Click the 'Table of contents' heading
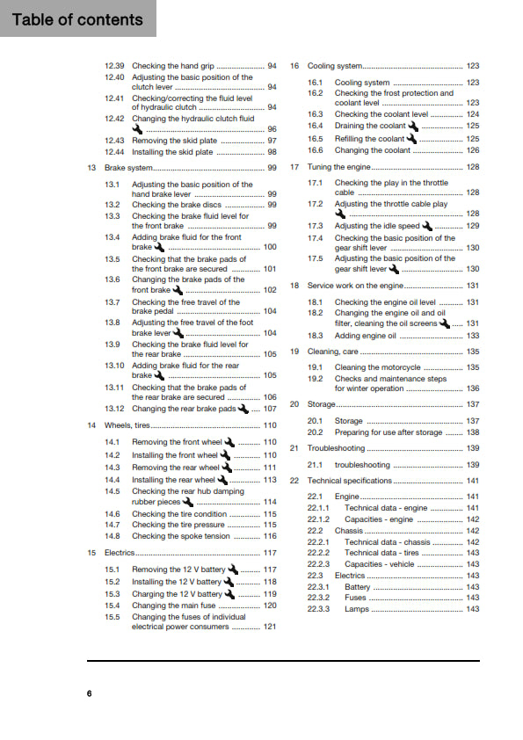tap(77, 19)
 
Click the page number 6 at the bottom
tap(89, 694)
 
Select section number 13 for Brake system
tap(91, 167)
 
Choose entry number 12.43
tap(114, 141)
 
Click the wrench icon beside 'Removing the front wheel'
tap(230, 442)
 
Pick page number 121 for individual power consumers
tap(270, 627)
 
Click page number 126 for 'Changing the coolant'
tap(472, 150)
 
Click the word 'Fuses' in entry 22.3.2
tap(356, 598)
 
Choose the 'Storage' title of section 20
tap(322, 404)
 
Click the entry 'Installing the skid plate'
tap(172, 152)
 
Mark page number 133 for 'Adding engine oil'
tap(472, 336)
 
